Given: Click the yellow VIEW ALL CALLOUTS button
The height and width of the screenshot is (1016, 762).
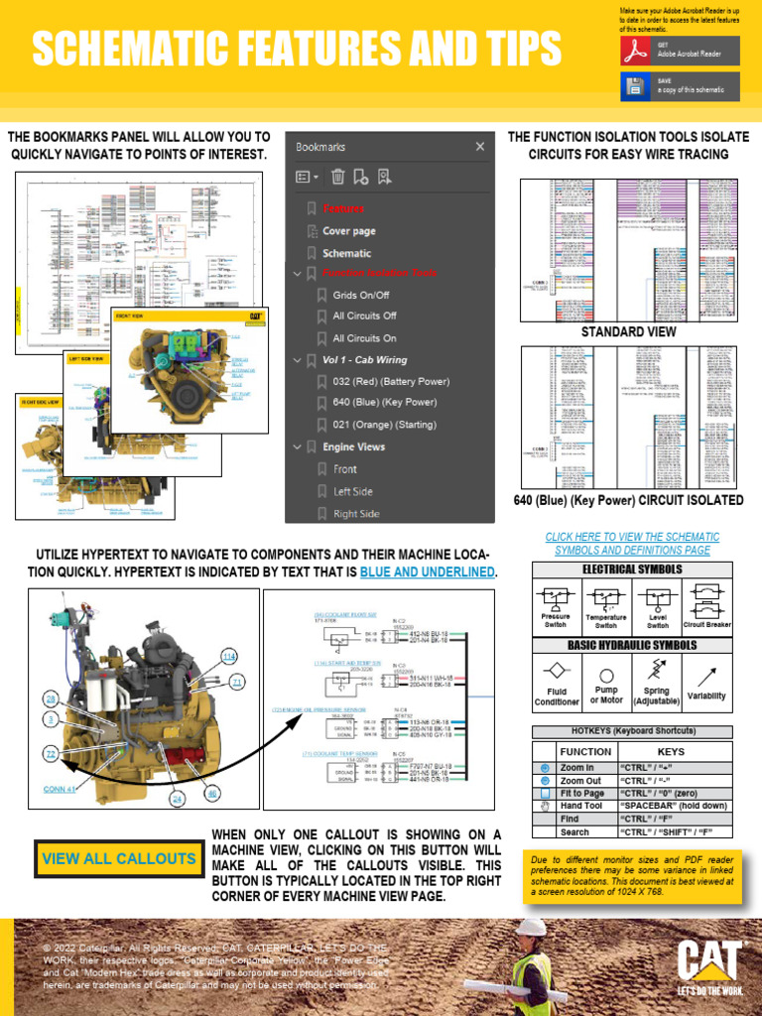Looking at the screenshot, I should (119, 858).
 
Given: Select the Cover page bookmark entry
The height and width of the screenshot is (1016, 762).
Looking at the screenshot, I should (348, 231).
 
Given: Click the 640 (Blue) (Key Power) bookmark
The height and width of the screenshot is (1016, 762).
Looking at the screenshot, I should (384, 403).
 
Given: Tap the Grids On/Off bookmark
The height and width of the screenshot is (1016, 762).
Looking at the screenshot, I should (360, 295).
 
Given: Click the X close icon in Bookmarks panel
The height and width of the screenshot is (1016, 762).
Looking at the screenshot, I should (480, 147).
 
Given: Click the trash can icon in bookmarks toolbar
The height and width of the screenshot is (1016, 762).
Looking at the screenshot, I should (337, 178).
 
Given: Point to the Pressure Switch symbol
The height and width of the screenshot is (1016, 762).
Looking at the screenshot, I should (555, 597).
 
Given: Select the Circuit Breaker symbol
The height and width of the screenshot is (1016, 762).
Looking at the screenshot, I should (706, 597).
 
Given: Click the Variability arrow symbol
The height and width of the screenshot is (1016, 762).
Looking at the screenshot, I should (706, 677).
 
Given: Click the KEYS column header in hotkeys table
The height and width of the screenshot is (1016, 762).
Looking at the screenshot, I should (671, 752).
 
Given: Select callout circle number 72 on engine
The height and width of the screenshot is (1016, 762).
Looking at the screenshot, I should (51, 755).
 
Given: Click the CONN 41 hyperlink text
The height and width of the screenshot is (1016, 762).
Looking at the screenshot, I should (59, 790).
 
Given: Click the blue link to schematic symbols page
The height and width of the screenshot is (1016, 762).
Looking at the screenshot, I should (632, 543).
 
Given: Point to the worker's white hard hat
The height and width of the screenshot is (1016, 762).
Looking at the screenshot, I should (532, 926).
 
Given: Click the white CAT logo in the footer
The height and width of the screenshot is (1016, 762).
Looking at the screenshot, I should (709, 961).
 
